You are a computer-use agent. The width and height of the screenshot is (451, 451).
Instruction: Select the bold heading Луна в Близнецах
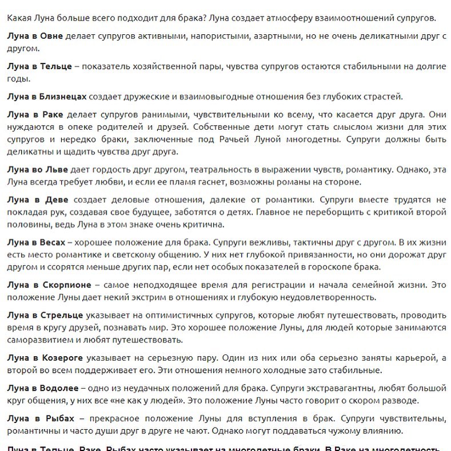(47, 96)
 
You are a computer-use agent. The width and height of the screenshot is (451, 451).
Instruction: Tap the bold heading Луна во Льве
(38, 170)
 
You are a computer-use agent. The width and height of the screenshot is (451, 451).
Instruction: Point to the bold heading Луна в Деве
(38, 199)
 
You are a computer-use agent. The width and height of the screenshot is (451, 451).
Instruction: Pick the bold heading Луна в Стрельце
(45, 315)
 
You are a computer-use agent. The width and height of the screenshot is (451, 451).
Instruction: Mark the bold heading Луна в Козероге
(45, 358)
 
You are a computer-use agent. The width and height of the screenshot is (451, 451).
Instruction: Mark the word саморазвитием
(38, 340)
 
